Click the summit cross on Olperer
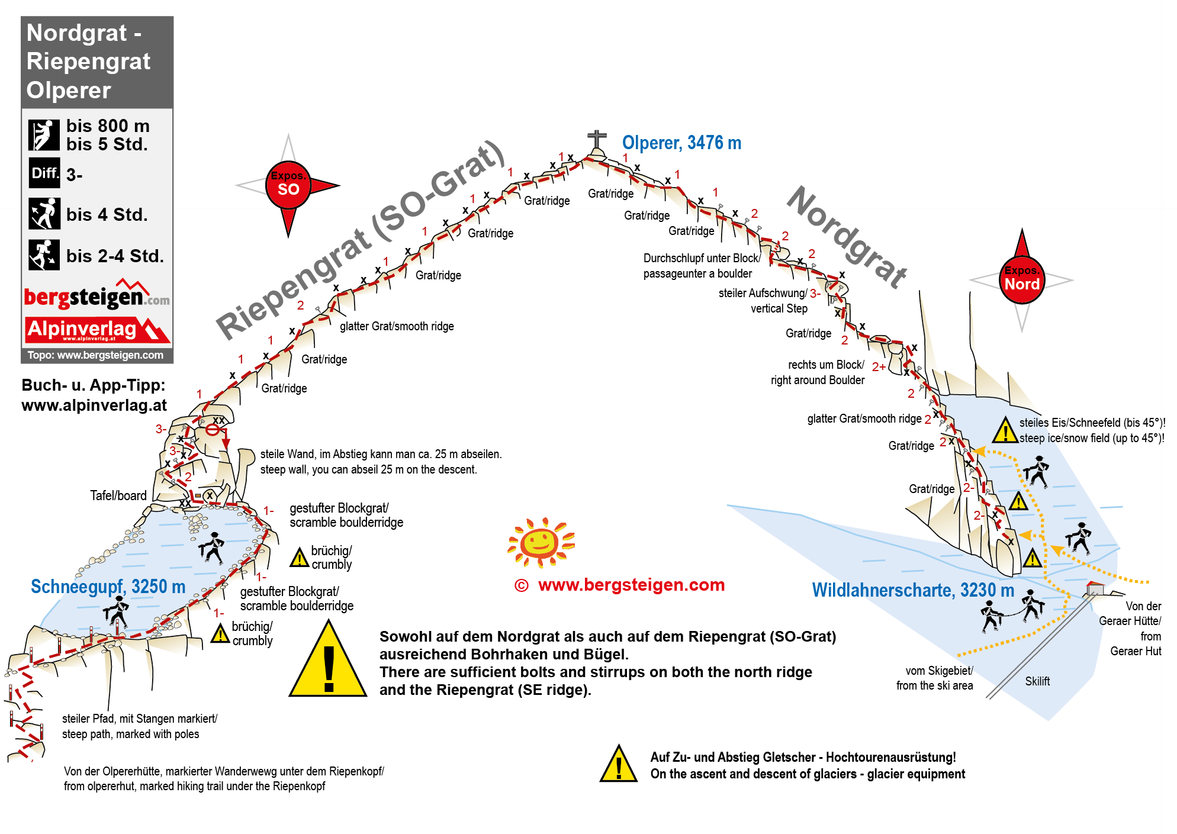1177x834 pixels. point(597,141)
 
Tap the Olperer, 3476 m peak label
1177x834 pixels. point(681,143)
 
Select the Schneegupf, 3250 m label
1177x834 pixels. point(108,587)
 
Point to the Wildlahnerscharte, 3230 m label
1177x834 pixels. point(912,590)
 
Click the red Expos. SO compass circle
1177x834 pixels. point(288,185)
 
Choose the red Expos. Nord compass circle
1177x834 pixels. point(1022,280)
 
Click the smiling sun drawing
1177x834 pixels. point(541,542)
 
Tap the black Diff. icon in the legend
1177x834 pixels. point(44,173)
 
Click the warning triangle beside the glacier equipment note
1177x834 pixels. point(618,765)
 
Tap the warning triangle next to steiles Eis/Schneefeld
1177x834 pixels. point(1005,431)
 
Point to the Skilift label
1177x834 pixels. point(1037,681)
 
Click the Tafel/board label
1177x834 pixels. point(118,496)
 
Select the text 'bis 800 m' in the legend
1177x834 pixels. point(108,126)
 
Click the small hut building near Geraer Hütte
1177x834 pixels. point(1095,589)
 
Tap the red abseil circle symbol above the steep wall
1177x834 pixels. point(213,430)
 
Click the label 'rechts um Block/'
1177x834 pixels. point(825,365)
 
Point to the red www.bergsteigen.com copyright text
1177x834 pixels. point(631,585)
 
